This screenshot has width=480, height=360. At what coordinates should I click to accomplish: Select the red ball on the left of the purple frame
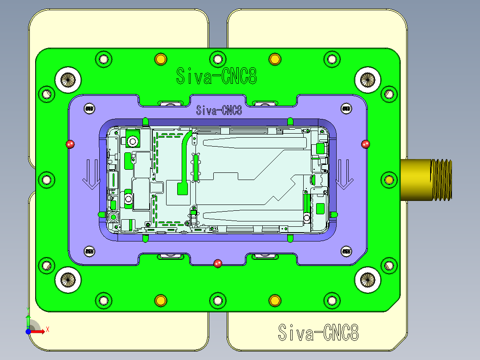tap(70, 144)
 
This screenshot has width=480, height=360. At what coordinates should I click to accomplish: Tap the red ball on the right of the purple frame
tap(366, 144)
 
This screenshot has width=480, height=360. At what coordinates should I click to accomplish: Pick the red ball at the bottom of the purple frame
tap(217, 263)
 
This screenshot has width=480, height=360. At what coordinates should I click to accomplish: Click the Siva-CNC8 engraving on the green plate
tap(216, 76)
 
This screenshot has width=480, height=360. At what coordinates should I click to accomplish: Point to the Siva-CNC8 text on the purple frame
tap(219, 110)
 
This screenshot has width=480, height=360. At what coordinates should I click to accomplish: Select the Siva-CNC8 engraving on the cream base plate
tap(318, 332)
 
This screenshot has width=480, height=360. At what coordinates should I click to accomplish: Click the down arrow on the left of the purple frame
tap(90, 174)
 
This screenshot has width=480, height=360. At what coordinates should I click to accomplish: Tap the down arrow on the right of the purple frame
tap(344, 174)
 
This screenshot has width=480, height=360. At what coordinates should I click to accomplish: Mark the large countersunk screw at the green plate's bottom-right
tap(368, 280)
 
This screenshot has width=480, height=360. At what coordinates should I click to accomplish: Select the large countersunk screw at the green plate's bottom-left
tap(68, 280)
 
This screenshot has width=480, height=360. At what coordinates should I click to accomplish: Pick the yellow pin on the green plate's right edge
tap(389, 180)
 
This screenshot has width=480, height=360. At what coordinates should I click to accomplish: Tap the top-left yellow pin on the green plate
tap(160, 59)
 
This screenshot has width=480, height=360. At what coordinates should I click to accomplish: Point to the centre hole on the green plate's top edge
tap(217, 59)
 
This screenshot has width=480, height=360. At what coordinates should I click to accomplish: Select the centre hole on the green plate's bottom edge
tap(217, 301)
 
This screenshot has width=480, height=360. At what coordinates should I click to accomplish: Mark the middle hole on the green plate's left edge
tap(46, 180)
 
